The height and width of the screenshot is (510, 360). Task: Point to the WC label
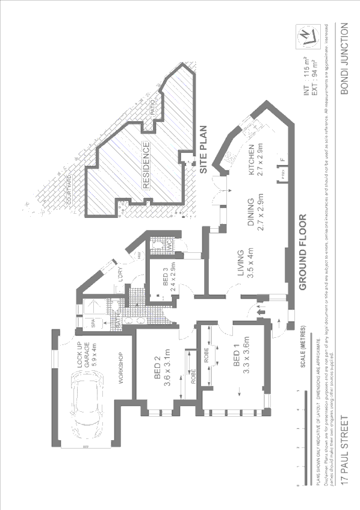[170, 246]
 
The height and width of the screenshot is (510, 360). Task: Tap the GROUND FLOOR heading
[303, 252]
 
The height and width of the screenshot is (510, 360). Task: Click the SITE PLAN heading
[203, 150]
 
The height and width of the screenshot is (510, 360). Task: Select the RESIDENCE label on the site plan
[146, 165]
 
